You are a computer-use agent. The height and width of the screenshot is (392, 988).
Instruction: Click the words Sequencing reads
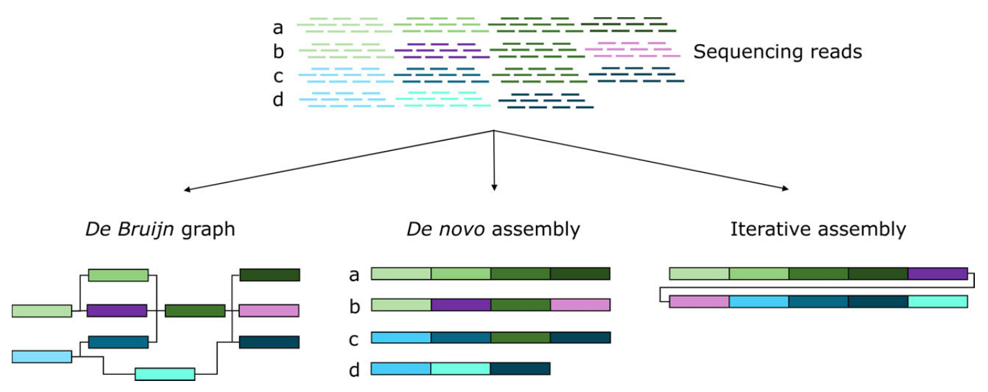pos(777,52)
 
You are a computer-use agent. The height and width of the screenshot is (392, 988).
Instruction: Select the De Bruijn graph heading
pos(161,229)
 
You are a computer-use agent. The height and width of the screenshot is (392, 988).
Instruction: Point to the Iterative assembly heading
pos(818,229)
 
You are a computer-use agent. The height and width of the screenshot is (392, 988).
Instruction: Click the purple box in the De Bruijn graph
pos(117,311)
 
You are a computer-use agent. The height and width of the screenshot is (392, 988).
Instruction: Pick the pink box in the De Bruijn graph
pos(269,311)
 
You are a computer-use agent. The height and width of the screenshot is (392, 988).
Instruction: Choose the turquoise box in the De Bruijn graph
pos(165,374)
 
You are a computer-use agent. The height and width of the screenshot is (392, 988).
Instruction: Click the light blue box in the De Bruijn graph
pos(41,356)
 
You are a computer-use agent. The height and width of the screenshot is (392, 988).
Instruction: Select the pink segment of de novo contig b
pos(580,305)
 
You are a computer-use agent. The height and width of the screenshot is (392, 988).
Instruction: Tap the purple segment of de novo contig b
pos(461,305)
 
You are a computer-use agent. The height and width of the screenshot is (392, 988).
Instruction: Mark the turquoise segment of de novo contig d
pos(461,369)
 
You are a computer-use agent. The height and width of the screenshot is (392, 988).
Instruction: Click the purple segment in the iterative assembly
pos(938,274)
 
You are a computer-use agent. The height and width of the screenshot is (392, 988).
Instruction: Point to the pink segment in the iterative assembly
pos(699,301)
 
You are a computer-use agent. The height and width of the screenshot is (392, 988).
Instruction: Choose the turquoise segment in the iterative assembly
pos(938,301)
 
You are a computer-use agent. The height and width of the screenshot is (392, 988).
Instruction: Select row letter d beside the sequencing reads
pos(278,101)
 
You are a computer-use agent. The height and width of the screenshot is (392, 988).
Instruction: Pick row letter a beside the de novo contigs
pos(354,275)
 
